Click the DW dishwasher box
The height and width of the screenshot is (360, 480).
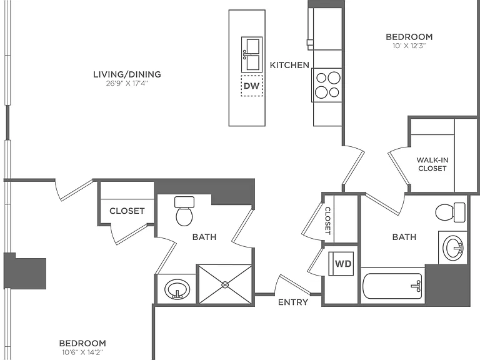(x=252, y=86)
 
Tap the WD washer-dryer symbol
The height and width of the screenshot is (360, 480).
(x=341, y=264)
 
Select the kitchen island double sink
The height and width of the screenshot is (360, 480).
(x=252, y=54)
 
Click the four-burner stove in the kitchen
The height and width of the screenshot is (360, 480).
(x=327, y=85)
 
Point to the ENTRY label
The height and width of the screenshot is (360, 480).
(x=293, y=302)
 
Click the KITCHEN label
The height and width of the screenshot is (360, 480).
(x=289, y=65)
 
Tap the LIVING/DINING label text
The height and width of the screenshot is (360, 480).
(x=127, y=74)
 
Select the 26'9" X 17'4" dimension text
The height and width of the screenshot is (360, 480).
(x=127, y=83)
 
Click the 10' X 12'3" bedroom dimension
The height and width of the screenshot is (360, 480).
(x=409, y=46)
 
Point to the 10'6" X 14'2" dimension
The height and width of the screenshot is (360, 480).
(x=82, y=352)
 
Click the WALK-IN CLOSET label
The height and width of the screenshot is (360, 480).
(x=432, y=164)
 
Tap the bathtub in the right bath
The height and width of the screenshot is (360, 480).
(x=392, y=286)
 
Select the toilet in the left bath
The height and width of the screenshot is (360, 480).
(x=184, y=211)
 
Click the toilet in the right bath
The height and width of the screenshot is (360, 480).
(x=450, y=212)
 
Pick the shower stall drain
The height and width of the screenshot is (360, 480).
(x=225, y=285)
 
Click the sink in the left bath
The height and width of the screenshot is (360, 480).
(x=177, y=289)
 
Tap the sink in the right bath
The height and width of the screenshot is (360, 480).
(x=453, y=248)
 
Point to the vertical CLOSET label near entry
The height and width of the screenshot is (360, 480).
(x=327, y=221)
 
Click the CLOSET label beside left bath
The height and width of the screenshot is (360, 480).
(x=127, y=211)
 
